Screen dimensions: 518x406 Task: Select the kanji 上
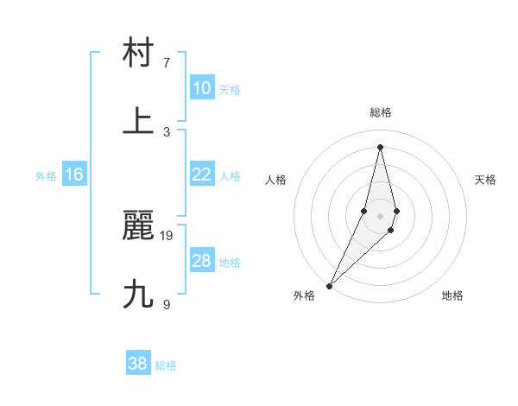(x=138, y=121)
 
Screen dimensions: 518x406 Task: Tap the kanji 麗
(x=138, y=225)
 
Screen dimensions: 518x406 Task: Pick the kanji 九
(x=138, y=295)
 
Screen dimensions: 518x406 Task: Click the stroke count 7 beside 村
(x=167, y=63)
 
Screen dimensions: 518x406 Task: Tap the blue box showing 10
(x=202, y=88)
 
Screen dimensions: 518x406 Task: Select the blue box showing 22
(x=202, y=174)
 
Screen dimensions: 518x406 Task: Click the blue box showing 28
(x=202, y=261)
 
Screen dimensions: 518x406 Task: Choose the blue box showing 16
(x=74, y=174)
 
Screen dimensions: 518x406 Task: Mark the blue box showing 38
(x=138, y=364)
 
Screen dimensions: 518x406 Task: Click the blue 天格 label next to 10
(x=230, y=89)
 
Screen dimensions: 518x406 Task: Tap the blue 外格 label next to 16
(x=46, y=175)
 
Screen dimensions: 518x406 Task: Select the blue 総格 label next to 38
(x=166, y=365)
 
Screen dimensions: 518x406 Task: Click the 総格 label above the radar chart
(x=381, y=112)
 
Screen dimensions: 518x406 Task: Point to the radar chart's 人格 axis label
(x=276, y=180)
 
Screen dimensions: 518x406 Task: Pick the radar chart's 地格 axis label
(x=452, y=295)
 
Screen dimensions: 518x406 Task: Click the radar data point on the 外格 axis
(x=330, y=285)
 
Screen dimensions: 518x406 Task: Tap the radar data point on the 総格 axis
(x=381, y=146)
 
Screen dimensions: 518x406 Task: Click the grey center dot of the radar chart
(x=381, y=215)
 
